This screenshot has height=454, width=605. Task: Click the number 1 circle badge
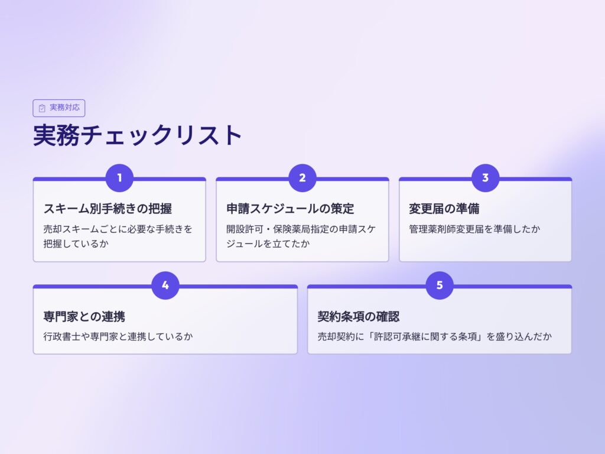point(119,178)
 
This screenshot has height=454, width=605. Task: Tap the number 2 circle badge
point(302,178)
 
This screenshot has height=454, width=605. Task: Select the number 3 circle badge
point(485,178)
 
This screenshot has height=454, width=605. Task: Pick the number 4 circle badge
point(165,286)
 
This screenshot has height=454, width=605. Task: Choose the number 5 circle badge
point(440,286)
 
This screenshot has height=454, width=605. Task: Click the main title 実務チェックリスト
point(138,135)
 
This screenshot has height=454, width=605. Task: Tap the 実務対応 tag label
point(65,108)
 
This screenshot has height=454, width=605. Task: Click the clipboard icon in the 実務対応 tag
point(42,108)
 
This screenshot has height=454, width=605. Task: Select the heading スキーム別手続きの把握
point(108,209)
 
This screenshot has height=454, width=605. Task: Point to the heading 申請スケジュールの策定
point(291,209)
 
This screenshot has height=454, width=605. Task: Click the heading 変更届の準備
point(444,209)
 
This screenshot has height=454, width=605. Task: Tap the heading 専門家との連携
point(84,316)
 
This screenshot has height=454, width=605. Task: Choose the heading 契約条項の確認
point(359,316)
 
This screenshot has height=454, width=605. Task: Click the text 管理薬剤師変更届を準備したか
point(474,229)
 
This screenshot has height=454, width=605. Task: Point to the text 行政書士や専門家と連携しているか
point(119,336)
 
